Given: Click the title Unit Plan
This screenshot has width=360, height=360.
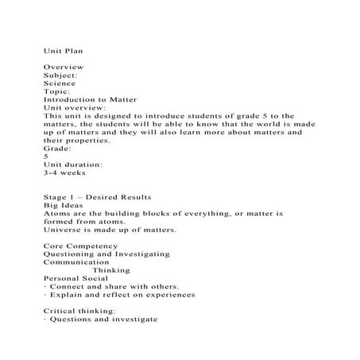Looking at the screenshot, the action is pyautogui.click(x=64, y=49).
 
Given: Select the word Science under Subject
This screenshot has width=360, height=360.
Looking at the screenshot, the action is pyautogui.click(x=60, y=83).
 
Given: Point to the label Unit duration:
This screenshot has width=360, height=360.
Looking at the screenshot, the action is pyautogui.click(x=74, y=164).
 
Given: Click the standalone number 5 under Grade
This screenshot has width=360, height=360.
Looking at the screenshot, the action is pyautogui.click(x=46, y=156).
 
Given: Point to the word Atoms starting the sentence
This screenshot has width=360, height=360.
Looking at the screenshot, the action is pyautogui.click(x=57, y=213).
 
